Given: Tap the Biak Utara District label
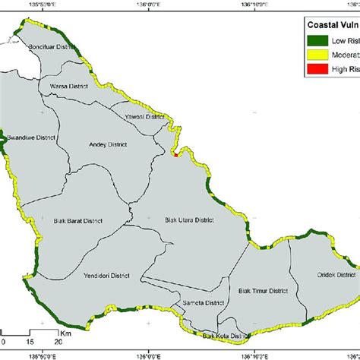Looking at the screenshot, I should click(190, 220).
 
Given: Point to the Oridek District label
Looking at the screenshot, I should click(335, 274).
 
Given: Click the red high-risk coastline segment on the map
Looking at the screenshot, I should click(175, 156).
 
